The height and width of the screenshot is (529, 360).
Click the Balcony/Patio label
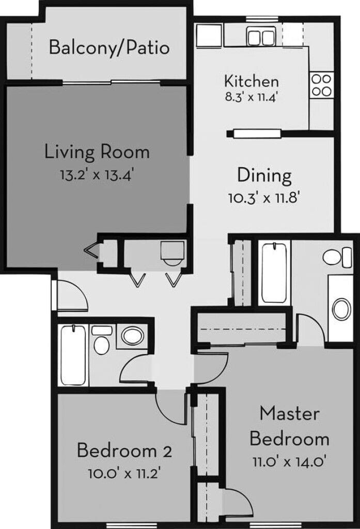[109, 48]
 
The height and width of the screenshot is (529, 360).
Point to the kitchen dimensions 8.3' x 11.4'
[252, 97]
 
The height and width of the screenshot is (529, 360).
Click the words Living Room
[97, 152]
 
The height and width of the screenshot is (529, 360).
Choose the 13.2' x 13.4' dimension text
[97, 174]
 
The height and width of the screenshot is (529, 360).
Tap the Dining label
[264, 176]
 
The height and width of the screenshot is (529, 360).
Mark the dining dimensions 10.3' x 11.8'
[264, 197]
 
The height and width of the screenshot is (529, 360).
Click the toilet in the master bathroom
[336, 257]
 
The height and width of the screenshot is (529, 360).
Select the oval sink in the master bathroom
[341, 309]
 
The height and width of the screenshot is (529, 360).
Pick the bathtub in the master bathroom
[274, 273]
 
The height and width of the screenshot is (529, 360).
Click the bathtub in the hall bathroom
[73, 354]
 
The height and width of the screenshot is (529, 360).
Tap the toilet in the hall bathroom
[102, 341]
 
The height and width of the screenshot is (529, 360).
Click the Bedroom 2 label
[124, 450]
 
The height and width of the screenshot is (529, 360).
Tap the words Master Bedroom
[289, 426]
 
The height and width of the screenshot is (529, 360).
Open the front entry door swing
[70, 294]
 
